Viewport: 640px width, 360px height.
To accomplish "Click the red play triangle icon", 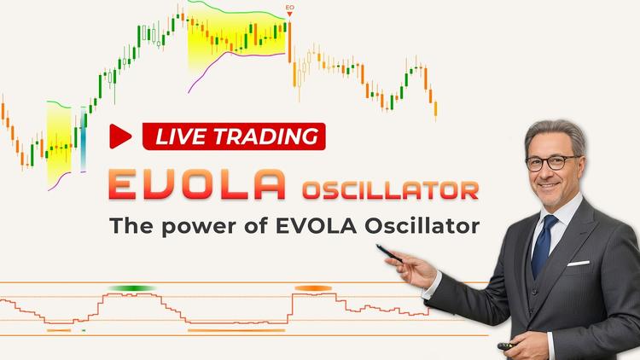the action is (x=119, y=136).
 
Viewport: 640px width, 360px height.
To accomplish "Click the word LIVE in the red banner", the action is (x=180, y=136).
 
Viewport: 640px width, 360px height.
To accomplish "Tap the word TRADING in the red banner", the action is (x=266, y=136).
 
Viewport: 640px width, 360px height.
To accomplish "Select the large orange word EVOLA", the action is (x=198, y=184).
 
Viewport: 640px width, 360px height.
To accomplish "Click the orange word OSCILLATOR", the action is (x=391, y=190).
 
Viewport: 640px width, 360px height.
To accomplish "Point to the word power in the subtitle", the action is (x=200, y=227).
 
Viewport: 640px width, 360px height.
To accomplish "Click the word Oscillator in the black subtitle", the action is (x=422, y=225).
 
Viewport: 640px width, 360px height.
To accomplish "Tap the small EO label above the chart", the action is (x=290, y=8).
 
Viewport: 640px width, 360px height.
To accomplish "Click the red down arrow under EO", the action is (x=289, y=15).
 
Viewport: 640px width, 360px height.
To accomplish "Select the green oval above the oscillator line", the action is (x=131, y=288).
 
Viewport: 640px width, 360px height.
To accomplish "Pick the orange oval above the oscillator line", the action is (x=313, y=288).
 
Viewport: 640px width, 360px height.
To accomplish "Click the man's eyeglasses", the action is (x=553, y=163).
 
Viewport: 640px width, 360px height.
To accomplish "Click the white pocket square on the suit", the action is (x=578, y=264).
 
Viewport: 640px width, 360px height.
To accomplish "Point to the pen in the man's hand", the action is (x=389, y=253).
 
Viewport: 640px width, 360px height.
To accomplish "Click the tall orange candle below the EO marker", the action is (x=289, y=42).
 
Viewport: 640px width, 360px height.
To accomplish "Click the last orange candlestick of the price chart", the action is (x=435, y=109).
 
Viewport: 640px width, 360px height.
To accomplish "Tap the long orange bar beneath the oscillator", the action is (x=236, y=330).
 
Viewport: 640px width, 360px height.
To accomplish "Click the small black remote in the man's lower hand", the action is (x=507, y=346).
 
